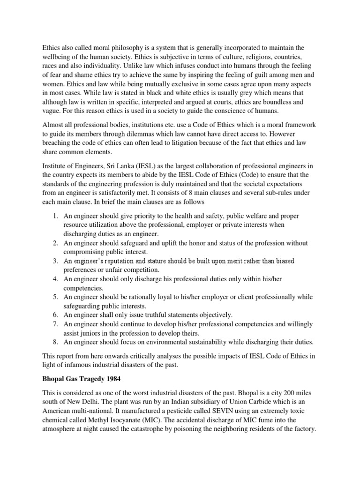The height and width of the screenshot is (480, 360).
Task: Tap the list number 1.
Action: click(54, 216)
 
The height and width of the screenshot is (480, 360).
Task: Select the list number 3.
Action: click(54, 261)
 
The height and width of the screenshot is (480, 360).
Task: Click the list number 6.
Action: click(54, 315)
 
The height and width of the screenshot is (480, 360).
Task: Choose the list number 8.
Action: click(54, 342)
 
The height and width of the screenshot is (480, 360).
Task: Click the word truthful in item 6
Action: click(155, 315)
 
